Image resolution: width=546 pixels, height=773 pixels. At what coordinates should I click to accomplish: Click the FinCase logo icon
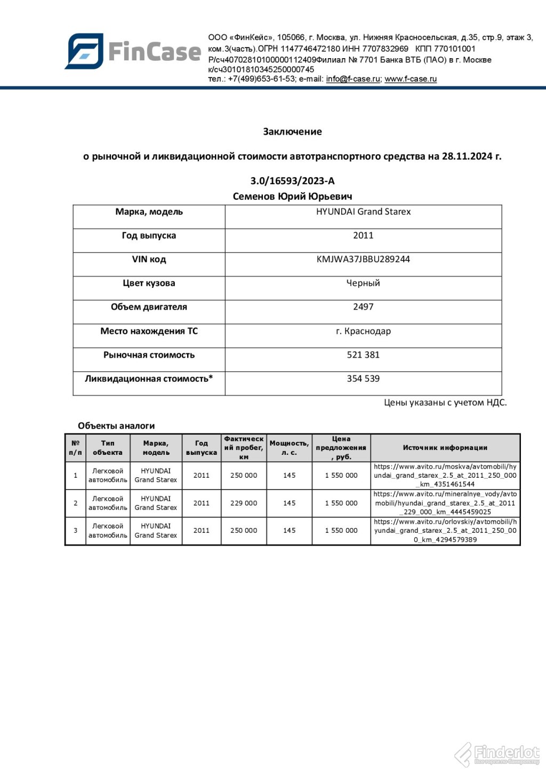pos(84,51)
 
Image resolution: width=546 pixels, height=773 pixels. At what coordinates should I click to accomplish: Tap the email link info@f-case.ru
pos(353,79)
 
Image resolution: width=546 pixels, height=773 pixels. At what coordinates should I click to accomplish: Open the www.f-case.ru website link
pos(411,79)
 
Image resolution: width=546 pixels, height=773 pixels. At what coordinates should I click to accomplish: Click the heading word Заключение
pos(292,131)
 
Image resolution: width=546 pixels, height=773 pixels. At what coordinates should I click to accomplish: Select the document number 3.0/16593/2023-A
pos(292,181)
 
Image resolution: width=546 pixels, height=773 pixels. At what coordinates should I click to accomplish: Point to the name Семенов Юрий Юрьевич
pos(292,196)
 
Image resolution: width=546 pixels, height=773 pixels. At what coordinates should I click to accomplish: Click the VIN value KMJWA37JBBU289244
pos(363,259)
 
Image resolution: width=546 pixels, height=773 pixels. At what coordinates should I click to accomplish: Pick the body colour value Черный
pos(363,283)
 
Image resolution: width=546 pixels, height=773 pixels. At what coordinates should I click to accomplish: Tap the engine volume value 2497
pos(363,307)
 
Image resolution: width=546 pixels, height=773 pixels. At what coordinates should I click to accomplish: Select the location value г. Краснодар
pos(363,331)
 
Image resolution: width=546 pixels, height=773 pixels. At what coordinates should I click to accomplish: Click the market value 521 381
pos(363,355)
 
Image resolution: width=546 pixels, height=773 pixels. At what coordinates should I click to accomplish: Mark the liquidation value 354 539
pos(363,378)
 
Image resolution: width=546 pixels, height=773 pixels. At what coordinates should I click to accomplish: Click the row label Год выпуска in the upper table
pos(149,235)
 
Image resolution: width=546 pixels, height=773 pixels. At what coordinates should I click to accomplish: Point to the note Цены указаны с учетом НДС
pos(445,403)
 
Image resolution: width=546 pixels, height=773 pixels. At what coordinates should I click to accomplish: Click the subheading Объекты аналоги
pos(116,426)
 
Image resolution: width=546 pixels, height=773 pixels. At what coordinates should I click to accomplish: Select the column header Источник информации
pos(445,448)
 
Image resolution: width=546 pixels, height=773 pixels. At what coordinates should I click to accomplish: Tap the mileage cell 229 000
pos(244,503)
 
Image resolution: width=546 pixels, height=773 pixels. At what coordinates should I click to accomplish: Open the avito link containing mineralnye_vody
pos(445,503)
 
